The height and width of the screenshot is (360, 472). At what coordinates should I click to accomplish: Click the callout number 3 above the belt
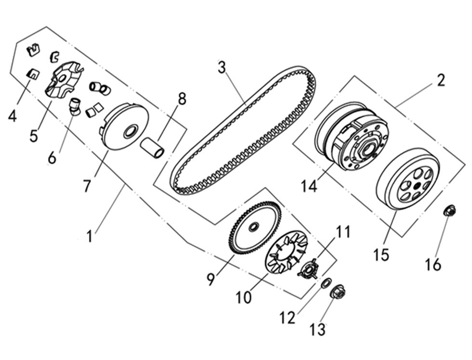tap(221, 67)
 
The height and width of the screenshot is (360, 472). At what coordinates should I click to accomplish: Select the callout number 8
tap(182, 99)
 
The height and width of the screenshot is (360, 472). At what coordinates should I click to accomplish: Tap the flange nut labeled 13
tap(337, 292)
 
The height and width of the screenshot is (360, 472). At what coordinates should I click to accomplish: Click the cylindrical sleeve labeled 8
tap(152, 148)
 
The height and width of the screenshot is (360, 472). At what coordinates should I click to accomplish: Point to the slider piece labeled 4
tap(32, 74)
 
